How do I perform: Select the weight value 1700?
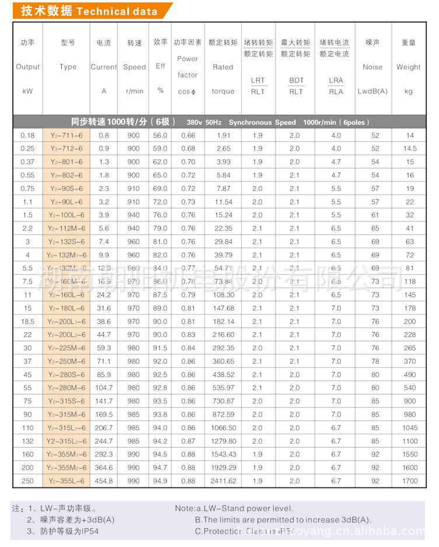pyautogui.click(x=410, y=481)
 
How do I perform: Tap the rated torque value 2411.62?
pyautogui.click(x=223, y=481)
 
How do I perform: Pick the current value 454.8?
pyautogui.click(x=104, y=481)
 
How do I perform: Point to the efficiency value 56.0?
pyautogui.click(x=160, y=135)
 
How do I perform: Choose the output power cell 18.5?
pyautogui.click(x=27, y=322)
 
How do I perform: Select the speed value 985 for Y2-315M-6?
pyautogui.click(x=134, y=414)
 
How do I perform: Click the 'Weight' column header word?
pyautogui.click(x=409, y=67)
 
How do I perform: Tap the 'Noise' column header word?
pyautogui.click(x=372, y=67)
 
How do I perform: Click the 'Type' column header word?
pyautogui.click(x=68, y=67)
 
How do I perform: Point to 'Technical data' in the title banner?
pyautogui.click(x=117, y=12)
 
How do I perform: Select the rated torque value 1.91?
pyautogui.click(x=223, y=135)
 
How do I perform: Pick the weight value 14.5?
pyautogui.click(x=410, y=149)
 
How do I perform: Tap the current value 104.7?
pyautogui.click(x=104, y=388)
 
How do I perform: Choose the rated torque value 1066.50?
pyautogui.click(x=223, y=428)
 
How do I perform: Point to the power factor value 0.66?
pyautogui.click(x=188, y=135)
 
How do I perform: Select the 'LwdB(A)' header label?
pyautogui.click(x=372, y=92)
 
